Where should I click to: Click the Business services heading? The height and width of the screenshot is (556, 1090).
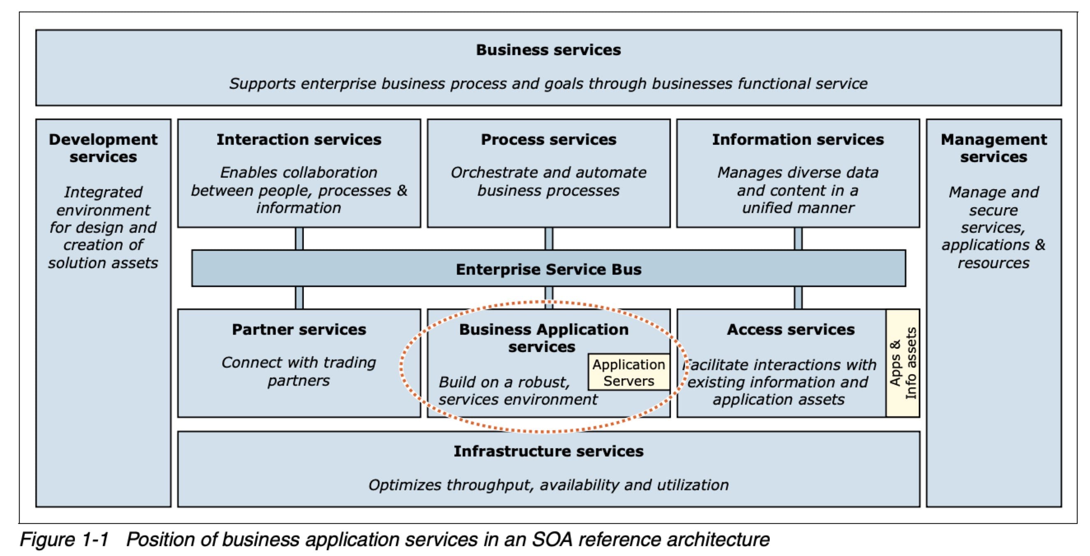548,50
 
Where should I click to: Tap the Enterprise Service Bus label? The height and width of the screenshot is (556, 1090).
548,269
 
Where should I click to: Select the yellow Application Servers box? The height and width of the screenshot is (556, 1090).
629,373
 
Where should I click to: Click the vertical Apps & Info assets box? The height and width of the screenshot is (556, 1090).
903,363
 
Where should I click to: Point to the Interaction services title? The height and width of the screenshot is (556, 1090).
299,139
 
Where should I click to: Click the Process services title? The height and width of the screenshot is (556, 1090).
548,139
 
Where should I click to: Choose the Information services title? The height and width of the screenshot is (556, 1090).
798,139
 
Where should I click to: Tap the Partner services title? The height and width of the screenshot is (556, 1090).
299,329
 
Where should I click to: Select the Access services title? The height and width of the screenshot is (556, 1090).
790,329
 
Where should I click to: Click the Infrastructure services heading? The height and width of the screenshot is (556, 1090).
548,451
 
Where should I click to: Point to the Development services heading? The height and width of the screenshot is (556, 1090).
103,148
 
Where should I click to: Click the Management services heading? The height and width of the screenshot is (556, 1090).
993,148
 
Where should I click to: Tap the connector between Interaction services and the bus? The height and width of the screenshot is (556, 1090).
299,239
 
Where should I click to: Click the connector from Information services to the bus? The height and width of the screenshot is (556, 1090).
798,239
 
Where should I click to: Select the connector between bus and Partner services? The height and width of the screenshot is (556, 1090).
299,298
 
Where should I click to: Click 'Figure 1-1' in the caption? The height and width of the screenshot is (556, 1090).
64,540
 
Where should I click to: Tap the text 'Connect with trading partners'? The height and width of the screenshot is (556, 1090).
299,371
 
